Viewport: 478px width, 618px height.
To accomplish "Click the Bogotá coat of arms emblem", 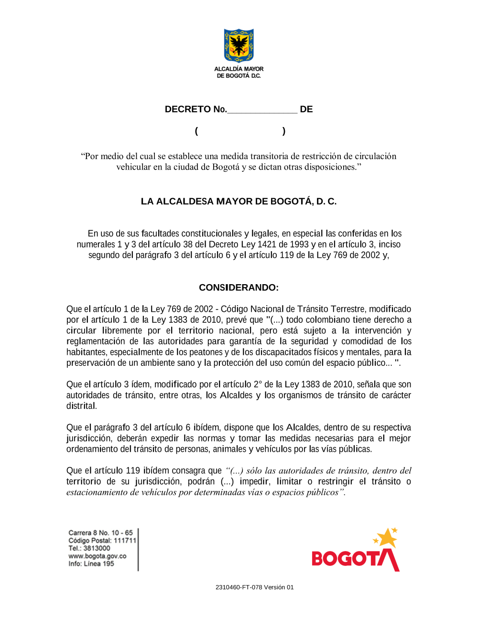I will point(239,45).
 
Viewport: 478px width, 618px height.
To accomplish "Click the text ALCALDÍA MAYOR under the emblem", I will point(239,69).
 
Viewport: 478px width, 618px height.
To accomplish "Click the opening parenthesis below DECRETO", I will point(196,131).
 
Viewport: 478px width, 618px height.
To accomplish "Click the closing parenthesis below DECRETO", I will point(284,131).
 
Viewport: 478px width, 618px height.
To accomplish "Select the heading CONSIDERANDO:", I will point(239,288).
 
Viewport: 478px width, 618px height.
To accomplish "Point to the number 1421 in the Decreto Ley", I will point(267,245).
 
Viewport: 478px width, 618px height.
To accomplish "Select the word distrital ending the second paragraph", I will point(81,406).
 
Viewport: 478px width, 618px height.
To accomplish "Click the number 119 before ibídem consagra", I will point(133,471).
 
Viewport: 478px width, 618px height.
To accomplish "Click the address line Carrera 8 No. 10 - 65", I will point(101,533).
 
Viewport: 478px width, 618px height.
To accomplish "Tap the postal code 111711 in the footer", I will point(125,541).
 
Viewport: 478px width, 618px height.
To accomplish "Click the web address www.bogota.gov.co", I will point(98,556).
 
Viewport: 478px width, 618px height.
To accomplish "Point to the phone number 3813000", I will point(97,548).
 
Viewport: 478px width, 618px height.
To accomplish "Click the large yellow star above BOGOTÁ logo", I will point(387,538).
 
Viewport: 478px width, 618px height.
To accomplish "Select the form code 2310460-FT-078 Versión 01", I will point(254,587).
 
